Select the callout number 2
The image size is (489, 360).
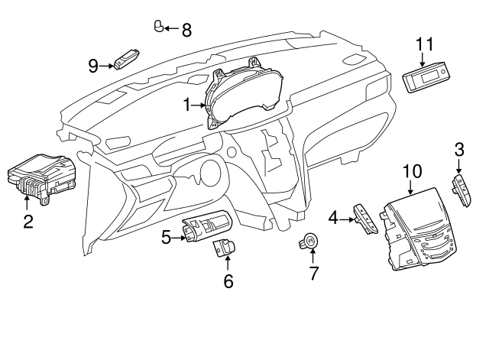pyautogui.click(x=28, y=222)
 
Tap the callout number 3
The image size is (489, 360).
pyautogui.click(x=458, y=148)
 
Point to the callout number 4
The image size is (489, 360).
pyautogui.click(x=333, y=218)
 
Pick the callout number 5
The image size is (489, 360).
pyautogui.click(x=167, y=237)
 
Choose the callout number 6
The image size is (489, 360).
pyautogui.click(x=228, y=281)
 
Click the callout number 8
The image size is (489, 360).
pyautogui.click(x=186, y=30)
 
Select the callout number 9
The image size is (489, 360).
pyautogui.click(x=93, y=66)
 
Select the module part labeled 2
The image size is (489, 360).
pyautogui.click(x=42, y=177)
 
